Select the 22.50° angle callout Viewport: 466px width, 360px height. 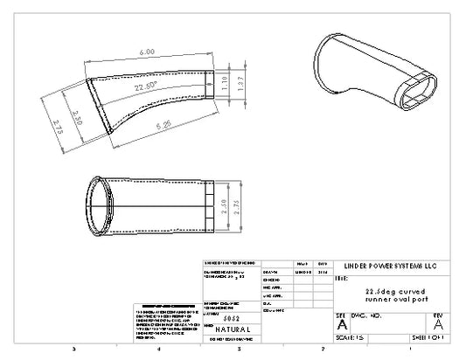[147, 88]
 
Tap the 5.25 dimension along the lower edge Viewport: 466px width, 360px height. [164, 125]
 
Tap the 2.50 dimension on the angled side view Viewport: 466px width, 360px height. [77, 118]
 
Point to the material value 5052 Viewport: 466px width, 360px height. [232, 320]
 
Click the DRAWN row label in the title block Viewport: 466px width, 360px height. [272, 272]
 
